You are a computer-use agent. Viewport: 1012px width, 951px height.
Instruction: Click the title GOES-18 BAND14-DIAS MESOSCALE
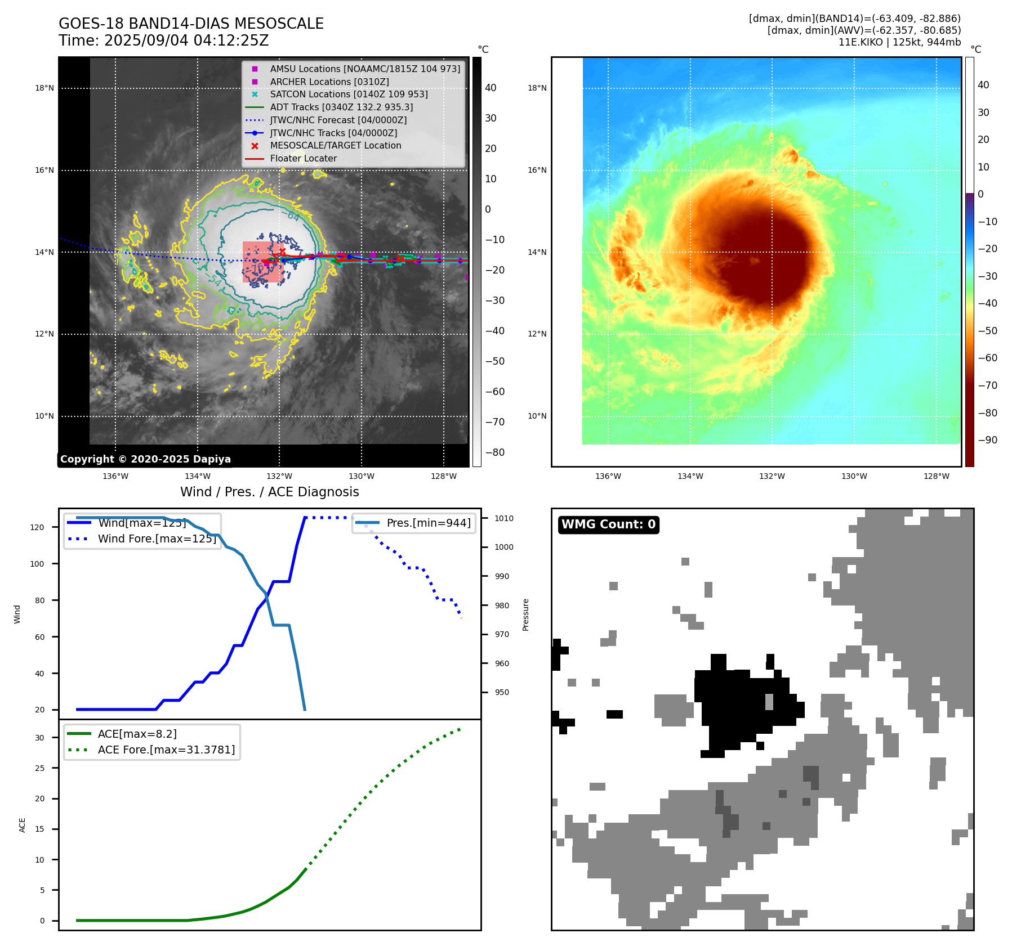click(191, 24)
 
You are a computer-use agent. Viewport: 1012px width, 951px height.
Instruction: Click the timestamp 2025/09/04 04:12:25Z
click(186, 41)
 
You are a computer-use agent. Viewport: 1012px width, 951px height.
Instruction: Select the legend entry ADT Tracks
click(341, 107)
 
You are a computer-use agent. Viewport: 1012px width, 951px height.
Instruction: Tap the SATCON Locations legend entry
click(349, 94)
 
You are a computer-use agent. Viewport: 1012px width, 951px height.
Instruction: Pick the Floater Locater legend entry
click(303, 159)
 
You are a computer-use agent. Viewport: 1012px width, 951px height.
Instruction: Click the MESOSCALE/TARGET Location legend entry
click(335, 146)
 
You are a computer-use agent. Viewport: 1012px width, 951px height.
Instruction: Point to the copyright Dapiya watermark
click(145, 459)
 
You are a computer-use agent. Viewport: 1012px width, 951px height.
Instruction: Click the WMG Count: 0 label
click(608, 524)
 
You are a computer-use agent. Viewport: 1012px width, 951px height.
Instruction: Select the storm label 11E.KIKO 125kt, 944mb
click(899, 42)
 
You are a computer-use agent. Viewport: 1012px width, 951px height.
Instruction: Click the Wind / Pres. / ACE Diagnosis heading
click(269, 492)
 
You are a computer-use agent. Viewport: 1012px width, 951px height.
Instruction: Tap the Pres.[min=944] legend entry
click(428, 523)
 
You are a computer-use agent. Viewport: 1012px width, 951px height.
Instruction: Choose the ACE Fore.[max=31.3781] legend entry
click(166, 750)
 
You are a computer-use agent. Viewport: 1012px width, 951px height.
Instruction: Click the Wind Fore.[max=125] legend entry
click(157, 539)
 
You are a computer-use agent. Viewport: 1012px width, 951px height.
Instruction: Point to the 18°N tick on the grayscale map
click(44, 88)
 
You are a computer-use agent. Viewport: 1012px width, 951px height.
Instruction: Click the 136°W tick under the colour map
click(608, 476)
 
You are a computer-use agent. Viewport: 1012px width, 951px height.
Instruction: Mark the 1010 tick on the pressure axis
click(504, 518)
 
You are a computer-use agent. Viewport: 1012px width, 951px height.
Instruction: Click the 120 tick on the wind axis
click(37, 527)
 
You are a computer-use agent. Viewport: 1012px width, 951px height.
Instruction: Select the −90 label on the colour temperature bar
click(987, 440)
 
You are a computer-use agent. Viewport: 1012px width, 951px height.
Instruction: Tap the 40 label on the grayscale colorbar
click(491, 88)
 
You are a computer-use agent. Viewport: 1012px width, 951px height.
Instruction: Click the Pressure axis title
click(525, 614)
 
